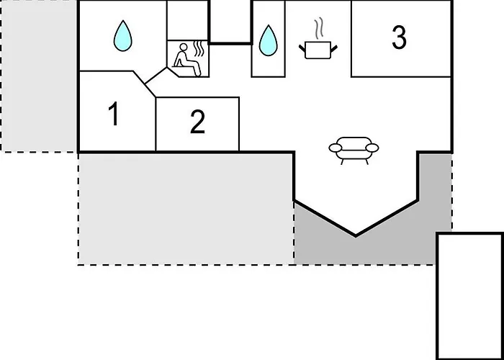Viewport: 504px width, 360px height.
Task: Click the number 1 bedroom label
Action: (114, 114)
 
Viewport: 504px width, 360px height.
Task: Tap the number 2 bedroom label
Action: (197, 122)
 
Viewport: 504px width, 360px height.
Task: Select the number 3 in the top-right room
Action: (399, 37)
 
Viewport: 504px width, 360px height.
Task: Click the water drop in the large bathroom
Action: (123, 36)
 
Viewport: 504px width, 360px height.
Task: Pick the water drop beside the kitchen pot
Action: (268, 40)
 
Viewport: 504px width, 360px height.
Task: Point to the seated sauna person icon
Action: (186, 60)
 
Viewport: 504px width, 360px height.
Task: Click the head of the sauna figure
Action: (183, 48)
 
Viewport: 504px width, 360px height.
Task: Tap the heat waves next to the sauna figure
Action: (199, 48)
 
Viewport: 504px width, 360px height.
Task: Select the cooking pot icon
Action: (318, 50)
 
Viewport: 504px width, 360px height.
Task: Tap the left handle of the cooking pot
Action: (302, 48)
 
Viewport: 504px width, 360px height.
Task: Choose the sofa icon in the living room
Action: (354, 150)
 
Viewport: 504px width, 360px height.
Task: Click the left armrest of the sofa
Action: (336, 148)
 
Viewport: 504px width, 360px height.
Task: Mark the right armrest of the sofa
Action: (372, 148)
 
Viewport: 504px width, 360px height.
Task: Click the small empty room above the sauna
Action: (187, 20)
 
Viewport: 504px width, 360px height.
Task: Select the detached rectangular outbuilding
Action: (470, 297)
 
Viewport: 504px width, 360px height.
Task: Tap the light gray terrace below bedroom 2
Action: (186, 209)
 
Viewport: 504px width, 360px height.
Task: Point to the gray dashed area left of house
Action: (39, 76)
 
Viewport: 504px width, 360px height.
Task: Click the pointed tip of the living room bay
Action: (356, 237)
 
